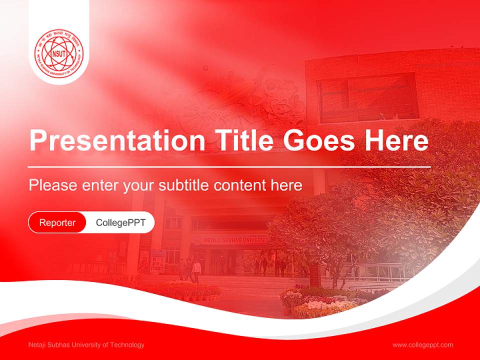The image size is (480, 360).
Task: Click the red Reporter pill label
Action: coord(57,222)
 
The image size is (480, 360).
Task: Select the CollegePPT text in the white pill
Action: coord(120,222)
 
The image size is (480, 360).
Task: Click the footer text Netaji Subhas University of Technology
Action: coord(86,344)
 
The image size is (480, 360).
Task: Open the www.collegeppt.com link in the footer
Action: coord(422,344)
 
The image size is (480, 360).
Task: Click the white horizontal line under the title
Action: coord(229,166)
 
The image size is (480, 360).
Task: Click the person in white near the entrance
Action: coord(197,270)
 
